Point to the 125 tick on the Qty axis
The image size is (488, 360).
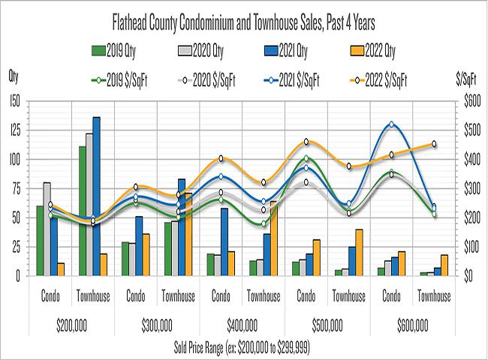tap(13, 130)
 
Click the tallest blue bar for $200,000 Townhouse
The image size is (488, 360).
tap(96, 196)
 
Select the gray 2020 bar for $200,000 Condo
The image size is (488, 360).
tap(47, 229)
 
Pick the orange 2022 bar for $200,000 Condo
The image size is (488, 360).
tap(61, 268)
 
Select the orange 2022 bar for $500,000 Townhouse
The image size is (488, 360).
tap(359, 252)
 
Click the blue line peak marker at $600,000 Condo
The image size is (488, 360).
tap(391, 124)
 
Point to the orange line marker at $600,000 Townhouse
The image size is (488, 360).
tap(434, 144)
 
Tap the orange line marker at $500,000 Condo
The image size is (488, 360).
tap(306, 142)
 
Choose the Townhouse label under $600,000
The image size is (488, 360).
tap(434, 296)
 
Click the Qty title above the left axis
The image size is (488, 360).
tap(14, 76)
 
